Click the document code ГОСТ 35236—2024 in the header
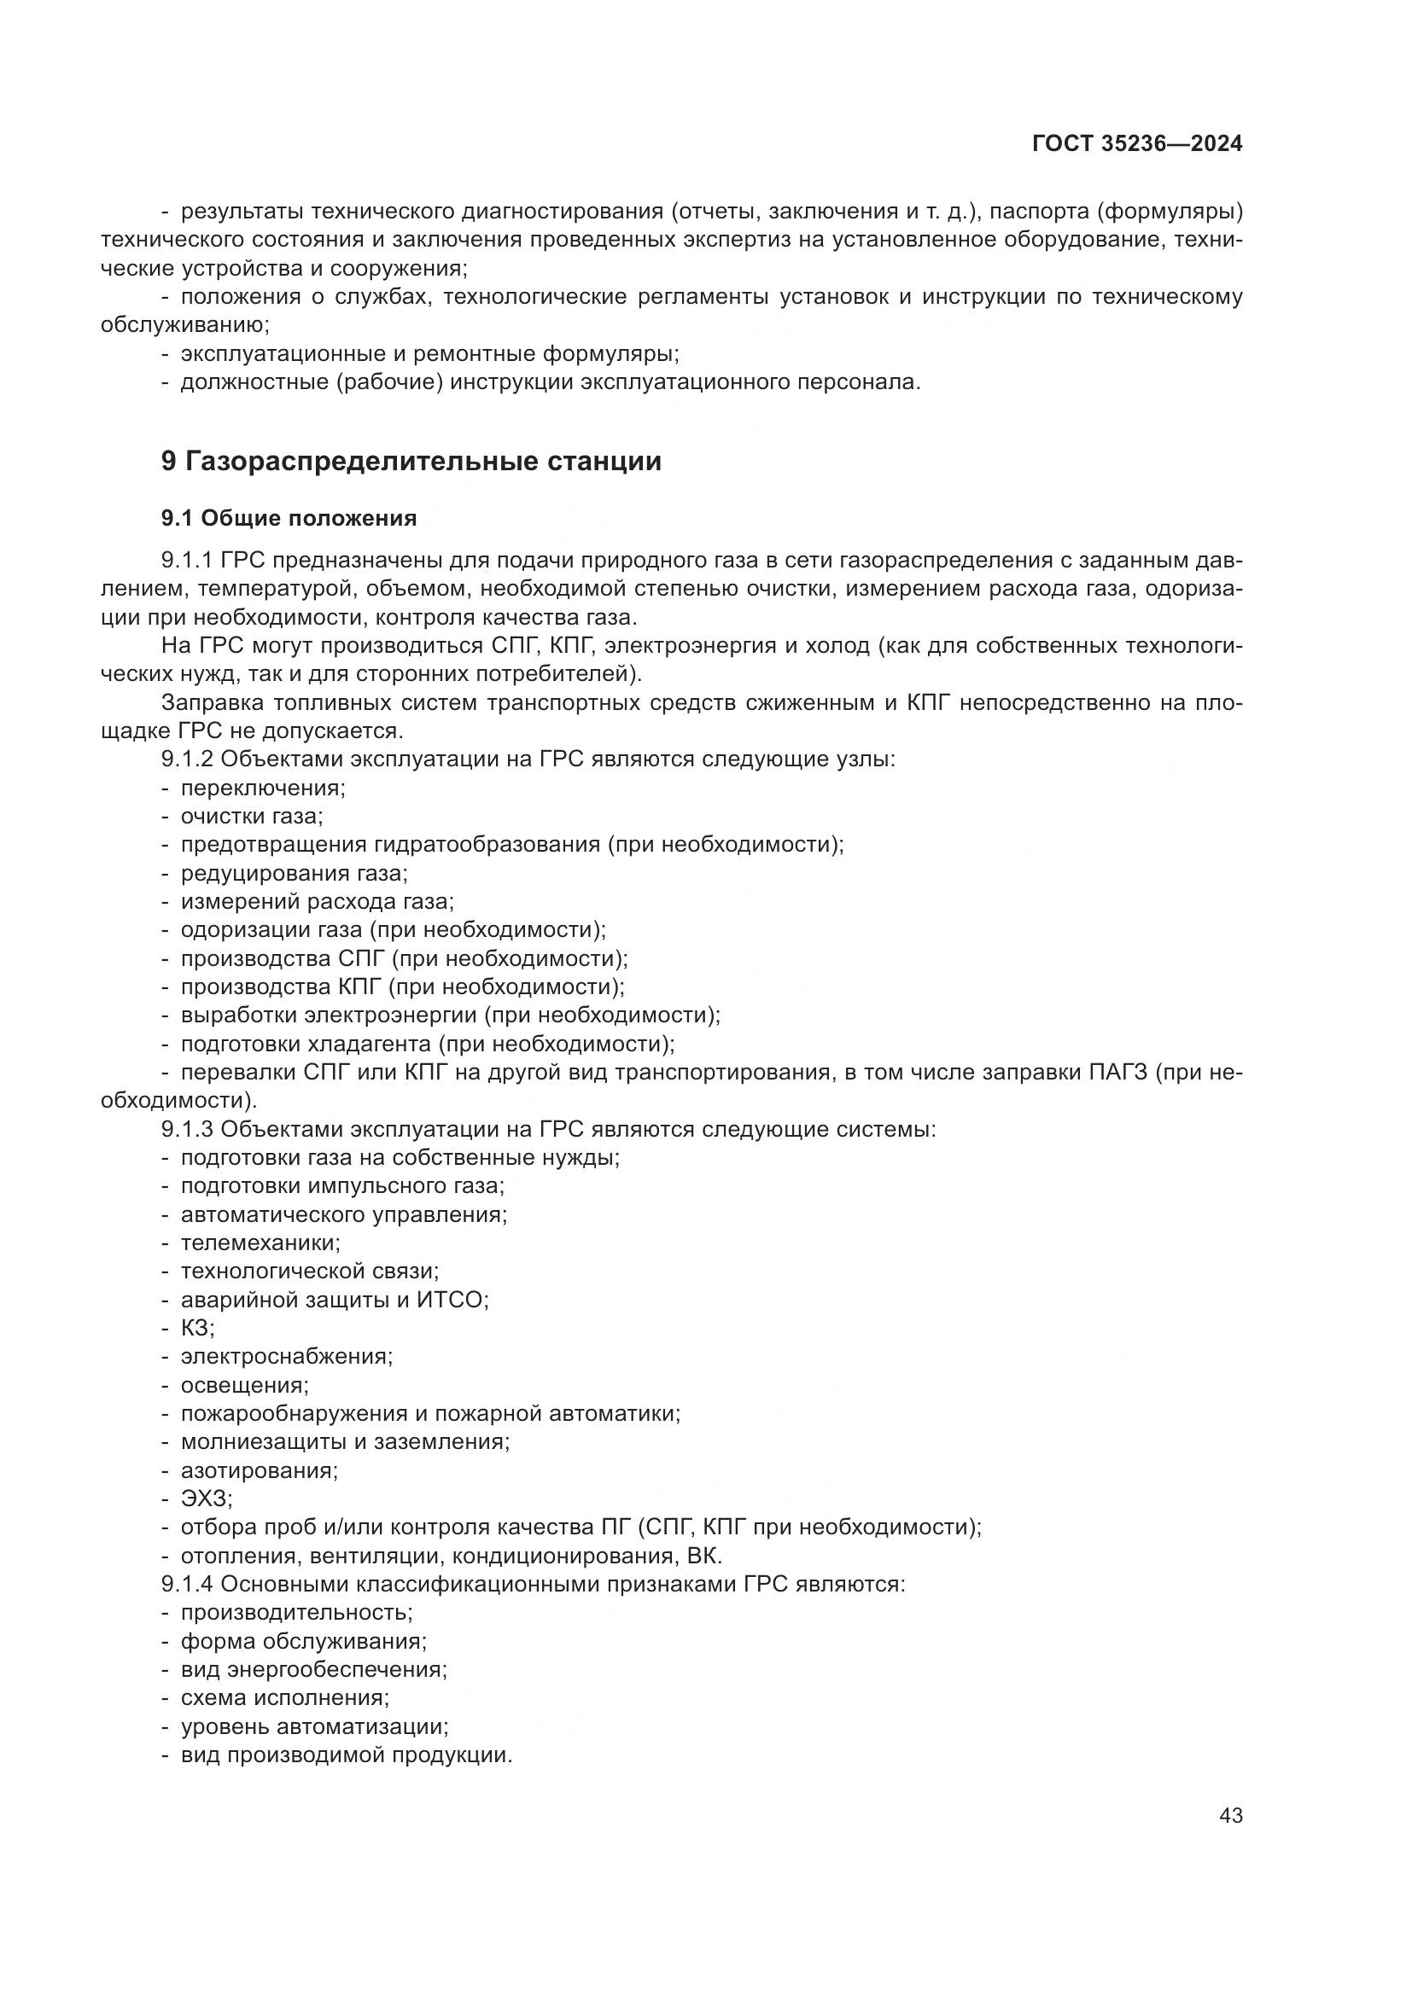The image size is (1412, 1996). pos(1136,144)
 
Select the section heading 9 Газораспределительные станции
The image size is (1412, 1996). pos(411,461)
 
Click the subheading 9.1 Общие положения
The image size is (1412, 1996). pos(289,518)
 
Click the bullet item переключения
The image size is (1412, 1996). pos(262,788)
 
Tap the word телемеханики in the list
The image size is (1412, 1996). pos(260,1243)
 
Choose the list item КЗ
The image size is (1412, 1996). pos(196,1329)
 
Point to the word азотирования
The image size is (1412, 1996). pos(258,1470)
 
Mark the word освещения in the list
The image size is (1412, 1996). pos(243,1385)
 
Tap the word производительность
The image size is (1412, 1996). pos(295,1613)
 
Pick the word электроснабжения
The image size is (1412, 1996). pos(286,1356)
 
